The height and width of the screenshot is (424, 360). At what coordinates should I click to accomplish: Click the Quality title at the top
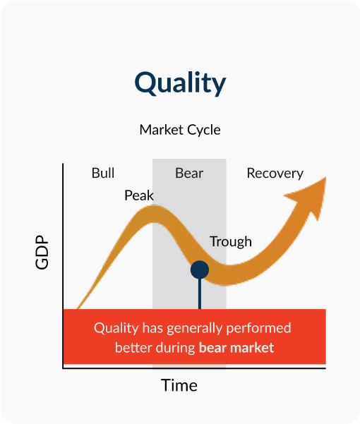pyautogui.click(x=180, y=83)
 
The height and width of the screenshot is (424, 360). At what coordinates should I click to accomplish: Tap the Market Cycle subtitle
pyautogui.click(x=180, y=130)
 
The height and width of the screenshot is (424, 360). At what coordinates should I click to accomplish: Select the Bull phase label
pyautogui.click(x=103, y=173)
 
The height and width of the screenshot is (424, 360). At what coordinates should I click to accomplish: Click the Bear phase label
pyautogui.click(x=189, y=173)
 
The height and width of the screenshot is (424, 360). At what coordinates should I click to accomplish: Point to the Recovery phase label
pyautogui.click(x=275, y=174)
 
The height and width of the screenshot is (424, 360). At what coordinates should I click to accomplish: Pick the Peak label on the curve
pyautogui.click(x=139, y=195)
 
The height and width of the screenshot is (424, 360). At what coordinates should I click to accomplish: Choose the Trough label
pyautogui.click(x=231, y=242)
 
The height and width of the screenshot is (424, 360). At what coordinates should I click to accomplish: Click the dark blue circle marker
pyautogui.click(x=200, y=269)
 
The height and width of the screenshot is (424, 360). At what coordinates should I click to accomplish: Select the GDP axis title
pyautogui.click(x=42, y=252)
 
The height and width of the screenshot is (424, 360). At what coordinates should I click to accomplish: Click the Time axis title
pyautogui.click(x=179, y=385)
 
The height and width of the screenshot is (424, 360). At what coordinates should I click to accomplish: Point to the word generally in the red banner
pyautogui.click(x=195, y=329)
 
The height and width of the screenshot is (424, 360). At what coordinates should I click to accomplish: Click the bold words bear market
pyautogui.click(x=236, y=348)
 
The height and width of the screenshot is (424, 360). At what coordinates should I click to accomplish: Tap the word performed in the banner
pyautogui.click(x=258, y=329)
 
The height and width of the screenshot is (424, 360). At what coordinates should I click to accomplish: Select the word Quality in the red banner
pyautogui.click(x=116, y=329)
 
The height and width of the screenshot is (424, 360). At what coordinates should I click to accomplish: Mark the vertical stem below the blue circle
pyautogui.click(x=200, y=293)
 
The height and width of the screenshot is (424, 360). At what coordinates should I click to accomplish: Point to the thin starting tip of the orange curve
pyautogui.click(x=78, y=308)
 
